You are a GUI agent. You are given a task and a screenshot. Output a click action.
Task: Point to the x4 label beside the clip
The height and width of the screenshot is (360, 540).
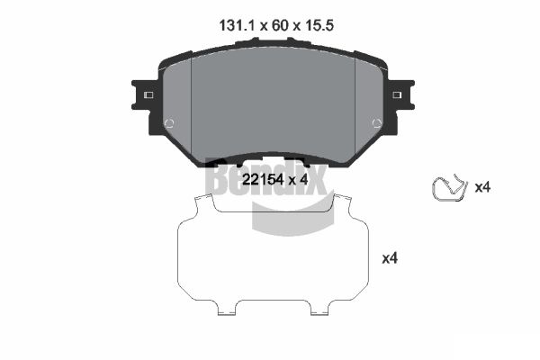point(482,188)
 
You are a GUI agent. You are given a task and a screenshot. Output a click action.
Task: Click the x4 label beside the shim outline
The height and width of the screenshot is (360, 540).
point(390,258)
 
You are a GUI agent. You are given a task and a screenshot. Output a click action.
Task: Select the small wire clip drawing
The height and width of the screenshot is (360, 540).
point(449,188)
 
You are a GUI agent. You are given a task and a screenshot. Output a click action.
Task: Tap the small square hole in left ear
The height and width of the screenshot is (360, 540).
point(148,95)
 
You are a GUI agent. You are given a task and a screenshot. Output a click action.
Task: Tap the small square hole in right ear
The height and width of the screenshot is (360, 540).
point(397,95)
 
